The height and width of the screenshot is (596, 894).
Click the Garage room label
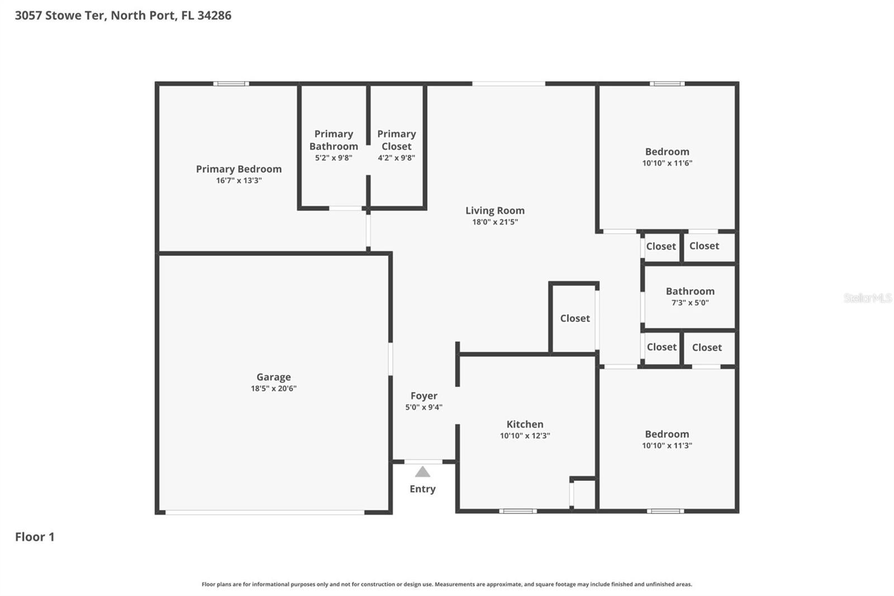(273, 377)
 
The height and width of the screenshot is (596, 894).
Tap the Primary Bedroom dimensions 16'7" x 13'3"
(239, 181)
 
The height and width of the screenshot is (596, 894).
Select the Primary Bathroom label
(334, 140)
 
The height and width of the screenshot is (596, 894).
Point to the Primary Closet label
(396, 140)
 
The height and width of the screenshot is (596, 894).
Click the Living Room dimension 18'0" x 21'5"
(495, 222)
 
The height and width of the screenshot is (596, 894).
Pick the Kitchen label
(525, 424)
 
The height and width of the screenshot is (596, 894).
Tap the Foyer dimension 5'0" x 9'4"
(424, 408)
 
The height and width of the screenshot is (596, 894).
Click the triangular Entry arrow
(422, 472)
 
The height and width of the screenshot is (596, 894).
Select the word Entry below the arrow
(422, 489)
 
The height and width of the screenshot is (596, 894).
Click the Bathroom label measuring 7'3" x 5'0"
(690, 291)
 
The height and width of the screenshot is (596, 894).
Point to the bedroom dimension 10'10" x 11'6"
(667, 163)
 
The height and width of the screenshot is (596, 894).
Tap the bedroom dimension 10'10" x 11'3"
(667, 446)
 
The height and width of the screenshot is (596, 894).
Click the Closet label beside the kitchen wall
(575, 318)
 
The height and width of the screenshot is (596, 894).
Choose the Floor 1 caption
(35, 537)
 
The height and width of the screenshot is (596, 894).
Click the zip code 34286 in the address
(214, 15)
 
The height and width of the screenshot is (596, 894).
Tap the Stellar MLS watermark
(867, 298)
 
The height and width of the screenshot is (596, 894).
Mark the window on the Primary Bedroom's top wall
(231, 84)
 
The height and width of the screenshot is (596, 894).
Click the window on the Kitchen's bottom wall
(517, 510)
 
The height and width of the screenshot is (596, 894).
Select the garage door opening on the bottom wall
(265, 512)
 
